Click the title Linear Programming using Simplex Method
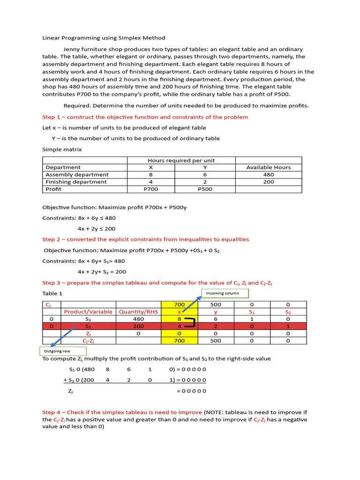pyautogui.click(x=104, y=38)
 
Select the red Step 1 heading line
pyautogui.click(x=145, y=117)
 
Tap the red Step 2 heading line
pyautogui.click(x=146, y=239)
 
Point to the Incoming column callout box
pyautogui.click(x=225, y=293)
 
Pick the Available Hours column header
pyautogui.click(x=268, y=167)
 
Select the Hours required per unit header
pyautogui.click(x=181, y=160)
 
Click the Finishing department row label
pyautogui.click(x=76, y=182)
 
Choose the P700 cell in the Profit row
pyautogui.click(x=150, y=189)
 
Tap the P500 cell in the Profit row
pyautogui.click(x=205, y=189)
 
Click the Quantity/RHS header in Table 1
pyautogui.click(x=138, y=312)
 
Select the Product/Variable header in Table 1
pyautogui.click(x=88, y=312)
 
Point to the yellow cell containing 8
pyautogui.click(x=179, y=319)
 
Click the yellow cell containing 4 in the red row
pyautogui.click(x=179, y=326)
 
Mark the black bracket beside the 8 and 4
pyautogui.click(x=190, y=322)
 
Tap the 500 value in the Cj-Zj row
pyautogui.click(x=216, y=341)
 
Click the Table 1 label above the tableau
pyautogui.click(x=52, y=293)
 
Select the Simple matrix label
pyautogui.click(x=62, y=150)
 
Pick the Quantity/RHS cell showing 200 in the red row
pyautogui.click(x=138, y=326)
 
